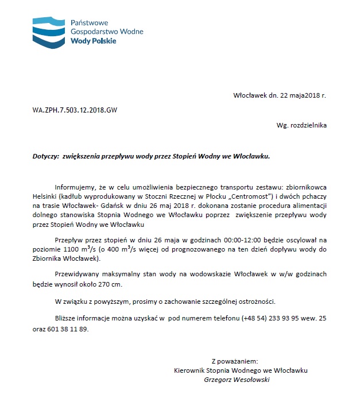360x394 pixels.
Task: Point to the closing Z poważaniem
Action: click(235, 362)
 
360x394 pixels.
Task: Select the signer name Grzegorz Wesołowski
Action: click(237, 379)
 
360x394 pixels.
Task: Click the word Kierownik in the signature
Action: click(189, 370)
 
